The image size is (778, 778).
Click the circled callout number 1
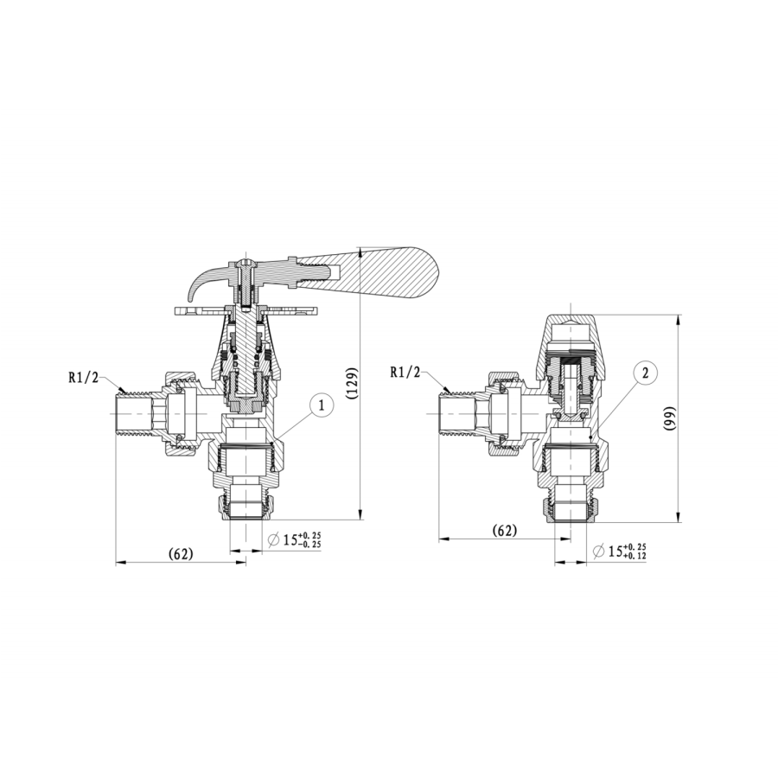coord(321,405)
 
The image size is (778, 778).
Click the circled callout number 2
coord(644,373)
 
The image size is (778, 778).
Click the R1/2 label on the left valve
coord(84,377)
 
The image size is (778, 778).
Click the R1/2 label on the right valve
coord(405,373)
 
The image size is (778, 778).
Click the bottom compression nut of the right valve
coord(571,510)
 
